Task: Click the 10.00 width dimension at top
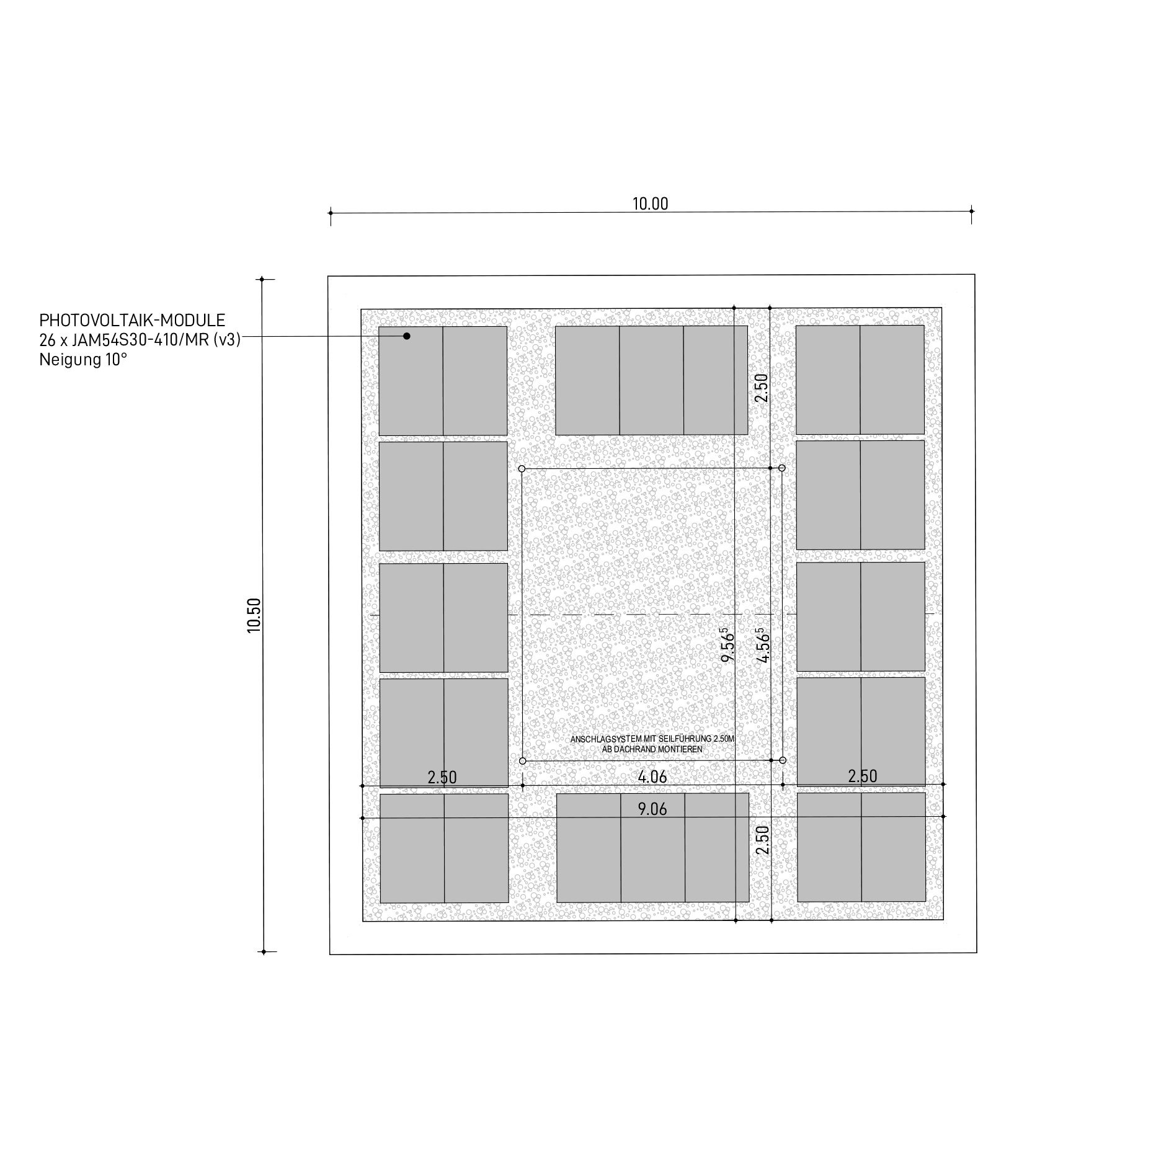(x=650, y=204)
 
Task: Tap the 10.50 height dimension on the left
(x=254, y=615)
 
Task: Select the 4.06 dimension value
(x=652, y=776)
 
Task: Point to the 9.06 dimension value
(x=652, y=809)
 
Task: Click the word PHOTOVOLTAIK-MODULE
(x=132, y=321)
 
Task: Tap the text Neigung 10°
(x=83, y=360)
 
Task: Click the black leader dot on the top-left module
(x=407, y=336)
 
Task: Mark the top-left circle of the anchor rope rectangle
(x=522, y=468)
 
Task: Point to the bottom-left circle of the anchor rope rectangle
(x=522, y=761)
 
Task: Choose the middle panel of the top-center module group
(x=651, y=380)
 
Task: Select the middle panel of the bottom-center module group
(x=653, y=848)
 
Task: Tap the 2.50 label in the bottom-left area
(x=442, y=777)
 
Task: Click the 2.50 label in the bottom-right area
(x=863, y=776)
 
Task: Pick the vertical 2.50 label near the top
(x=762, y=388)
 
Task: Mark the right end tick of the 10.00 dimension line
(x=971, y=211)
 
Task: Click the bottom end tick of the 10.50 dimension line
(x=264, y=952)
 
